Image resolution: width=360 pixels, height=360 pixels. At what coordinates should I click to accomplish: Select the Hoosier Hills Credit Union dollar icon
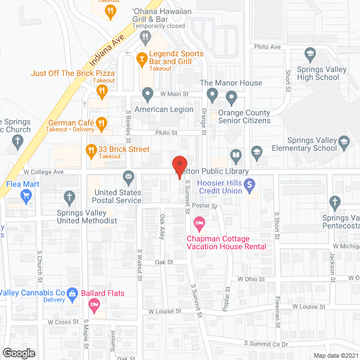[x=251, y=183]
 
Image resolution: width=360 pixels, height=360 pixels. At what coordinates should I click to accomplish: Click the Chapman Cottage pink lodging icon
[x=199, y=223]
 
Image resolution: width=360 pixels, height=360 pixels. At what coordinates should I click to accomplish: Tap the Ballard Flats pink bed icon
[x=94, y=305]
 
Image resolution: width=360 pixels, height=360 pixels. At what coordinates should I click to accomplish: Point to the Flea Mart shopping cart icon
[x=25, y=196]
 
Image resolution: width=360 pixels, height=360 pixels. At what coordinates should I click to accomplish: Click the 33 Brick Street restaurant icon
[x=90, y=150]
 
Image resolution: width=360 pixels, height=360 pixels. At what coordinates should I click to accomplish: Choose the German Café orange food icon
[x=101, y=123]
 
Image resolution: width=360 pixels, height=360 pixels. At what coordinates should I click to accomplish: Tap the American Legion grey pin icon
[x=147, y=94]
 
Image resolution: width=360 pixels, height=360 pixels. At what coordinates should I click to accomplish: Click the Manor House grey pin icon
[x=212, y=94]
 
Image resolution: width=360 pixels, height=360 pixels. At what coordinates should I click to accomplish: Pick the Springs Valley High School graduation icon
[x=309, y=55]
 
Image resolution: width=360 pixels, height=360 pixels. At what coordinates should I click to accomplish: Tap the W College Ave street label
[x=44, y=172]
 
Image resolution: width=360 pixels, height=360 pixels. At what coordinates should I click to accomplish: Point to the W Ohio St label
[x=251, y=279]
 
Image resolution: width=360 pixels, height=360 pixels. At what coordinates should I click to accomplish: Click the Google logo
[x=19, y=353]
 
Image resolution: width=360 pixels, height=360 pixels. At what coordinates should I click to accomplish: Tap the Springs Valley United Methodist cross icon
[x=69, y=197]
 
